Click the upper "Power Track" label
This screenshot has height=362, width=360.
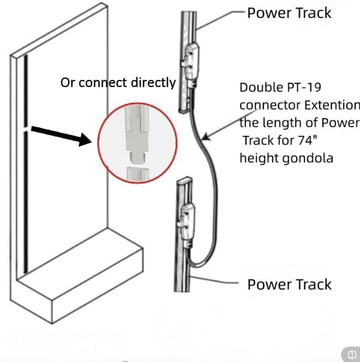290,13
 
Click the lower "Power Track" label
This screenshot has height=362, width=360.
290,284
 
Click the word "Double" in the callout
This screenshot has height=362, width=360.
261,87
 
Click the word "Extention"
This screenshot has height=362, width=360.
332,105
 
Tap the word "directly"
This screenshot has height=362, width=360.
153,83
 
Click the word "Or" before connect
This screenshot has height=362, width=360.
67,82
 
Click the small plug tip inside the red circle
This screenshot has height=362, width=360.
137,157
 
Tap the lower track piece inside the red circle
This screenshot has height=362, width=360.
138,174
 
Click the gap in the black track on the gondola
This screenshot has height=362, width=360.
26,129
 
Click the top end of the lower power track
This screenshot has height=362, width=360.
184,179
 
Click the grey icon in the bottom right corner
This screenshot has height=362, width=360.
351,354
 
